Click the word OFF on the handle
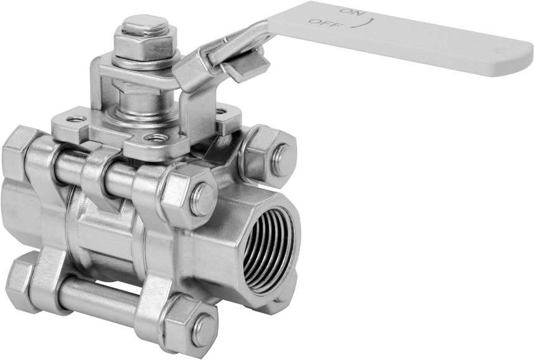point(322,23)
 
